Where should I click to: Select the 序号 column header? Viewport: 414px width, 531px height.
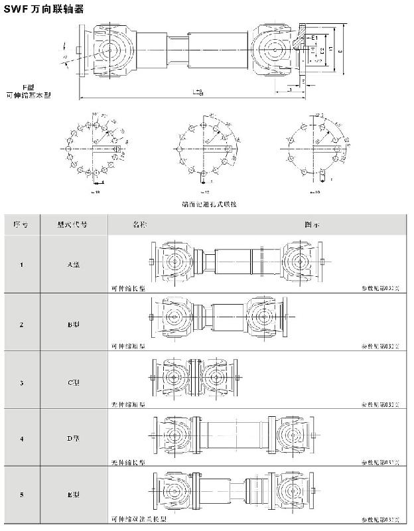pos(21,225)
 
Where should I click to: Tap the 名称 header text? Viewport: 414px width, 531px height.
pos(138,225)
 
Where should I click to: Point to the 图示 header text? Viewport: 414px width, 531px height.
pos(312,225)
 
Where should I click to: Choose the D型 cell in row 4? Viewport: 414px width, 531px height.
pos(74,439)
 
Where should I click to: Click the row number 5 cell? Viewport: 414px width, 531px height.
pos(21,495)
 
